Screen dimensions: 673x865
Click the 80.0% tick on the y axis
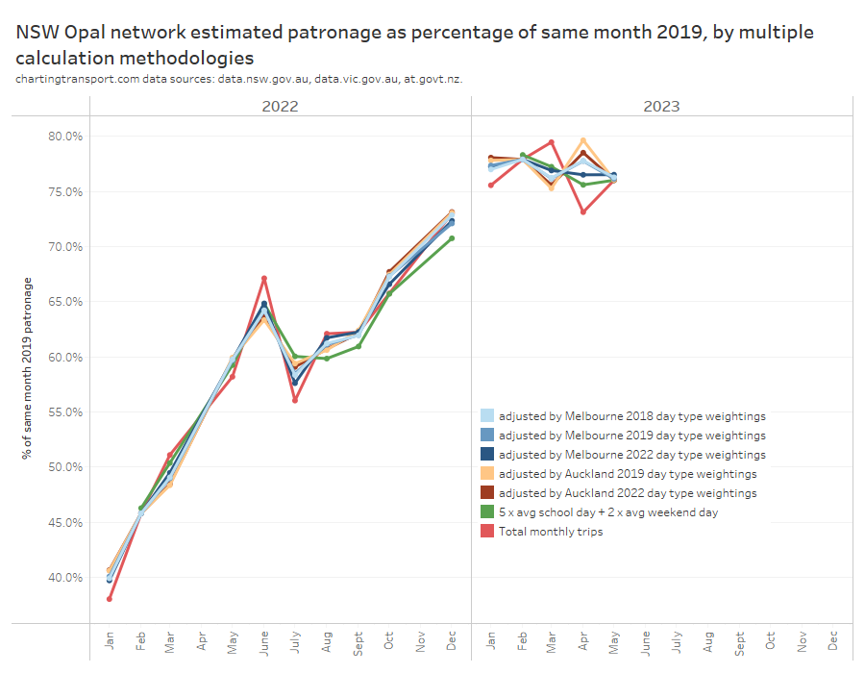(66, 137)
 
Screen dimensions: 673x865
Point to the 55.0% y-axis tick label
(66, 411)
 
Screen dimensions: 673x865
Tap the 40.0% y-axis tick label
(66, 577)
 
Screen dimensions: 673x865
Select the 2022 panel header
(280, 106)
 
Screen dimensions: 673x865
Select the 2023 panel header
(661, 106)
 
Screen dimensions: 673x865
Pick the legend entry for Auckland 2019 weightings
(627, 474)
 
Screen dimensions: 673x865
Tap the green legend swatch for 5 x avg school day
(487, 512)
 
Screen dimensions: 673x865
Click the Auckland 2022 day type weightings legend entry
(627, 493)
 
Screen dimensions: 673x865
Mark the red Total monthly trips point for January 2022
(110, 599)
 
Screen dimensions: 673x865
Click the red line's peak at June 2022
(264, 279)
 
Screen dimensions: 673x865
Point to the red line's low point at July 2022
(295, 400)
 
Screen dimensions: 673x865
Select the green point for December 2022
(452, 238)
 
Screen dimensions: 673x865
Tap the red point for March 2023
(552, 142)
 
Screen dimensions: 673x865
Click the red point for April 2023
(582, 212)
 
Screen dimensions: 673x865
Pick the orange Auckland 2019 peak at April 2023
(582, 140)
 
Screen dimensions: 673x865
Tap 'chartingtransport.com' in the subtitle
(78, 79)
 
